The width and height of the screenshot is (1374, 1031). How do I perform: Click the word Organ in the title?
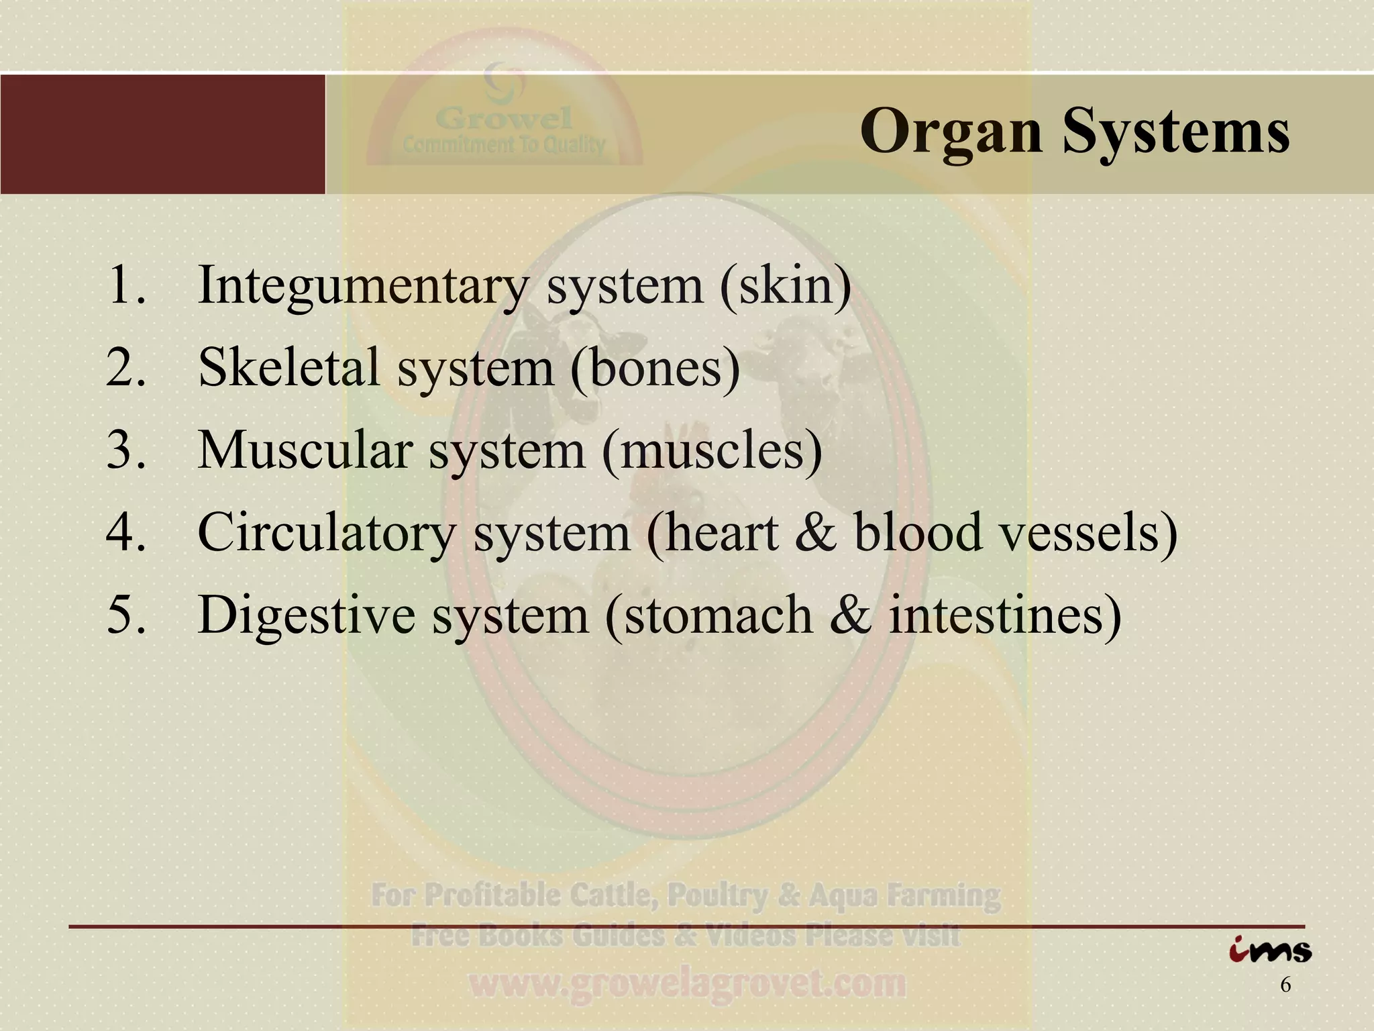pyautogui.click(x=951, y=132)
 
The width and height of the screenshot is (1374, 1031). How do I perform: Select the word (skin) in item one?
pyautogui.click(x=786, y=285)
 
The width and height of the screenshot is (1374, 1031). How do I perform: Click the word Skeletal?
pyautogui.click(x=289, y=368)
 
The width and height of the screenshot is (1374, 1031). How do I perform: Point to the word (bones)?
pyautogui.click(x=655, y=369)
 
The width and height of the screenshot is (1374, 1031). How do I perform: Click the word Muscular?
pyautogui.click(x=305, y=450)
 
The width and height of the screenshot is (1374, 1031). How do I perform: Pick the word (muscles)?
pyautogui.click(x=712, y=450)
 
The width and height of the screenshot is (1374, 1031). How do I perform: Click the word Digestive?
pyautogui.click(x=306, y=615)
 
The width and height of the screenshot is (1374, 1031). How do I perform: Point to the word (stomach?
pyautogui.click(x=708, y=615)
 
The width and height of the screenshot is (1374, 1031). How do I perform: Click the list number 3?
pyautogui.click(x=125, y=450)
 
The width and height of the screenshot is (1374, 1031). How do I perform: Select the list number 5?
pyautogui.click(x=125, y=615)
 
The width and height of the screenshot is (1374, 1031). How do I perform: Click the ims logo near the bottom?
pyautogui.click(x=1270, y=950)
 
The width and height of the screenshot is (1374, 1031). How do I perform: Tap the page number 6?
pyautogui.click(x=1285, y=985)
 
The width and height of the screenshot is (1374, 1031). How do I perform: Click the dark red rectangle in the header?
pyautogui.click(x=162, y=134)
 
